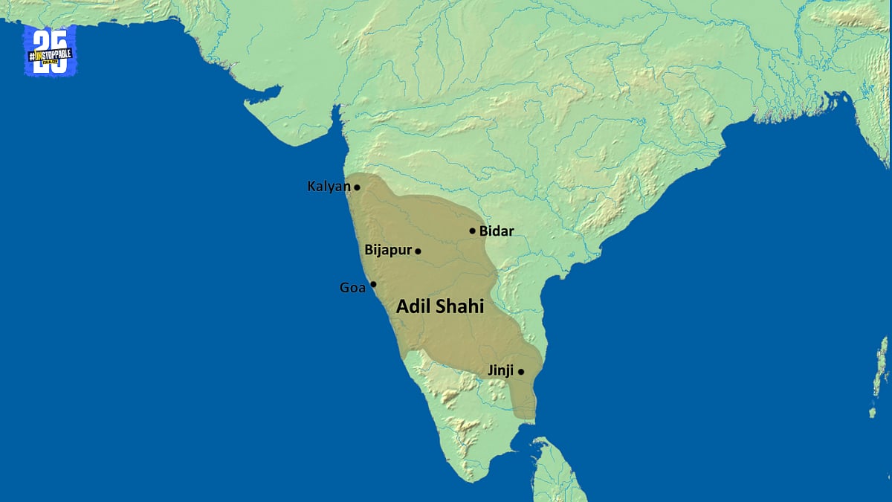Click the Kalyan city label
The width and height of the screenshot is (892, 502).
(329, 187)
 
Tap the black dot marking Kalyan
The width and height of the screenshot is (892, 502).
(357, 187)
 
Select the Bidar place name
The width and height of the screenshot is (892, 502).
(497, 231)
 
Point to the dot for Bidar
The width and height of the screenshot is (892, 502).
(472, 231)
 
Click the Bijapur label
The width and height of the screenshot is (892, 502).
(388, 251)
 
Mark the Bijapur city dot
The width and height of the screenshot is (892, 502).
(418, 251)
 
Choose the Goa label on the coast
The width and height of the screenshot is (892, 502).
(352, 288)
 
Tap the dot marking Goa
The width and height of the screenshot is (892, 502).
(373, 284)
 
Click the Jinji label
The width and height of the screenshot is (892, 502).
(500, 370)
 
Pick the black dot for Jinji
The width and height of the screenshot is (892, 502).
(521, 372)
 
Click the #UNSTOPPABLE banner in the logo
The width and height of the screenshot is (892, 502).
(50, 55)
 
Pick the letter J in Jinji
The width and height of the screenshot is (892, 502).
(491, 370)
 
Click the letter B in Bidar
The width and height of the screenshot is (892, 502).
(483, 231)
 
